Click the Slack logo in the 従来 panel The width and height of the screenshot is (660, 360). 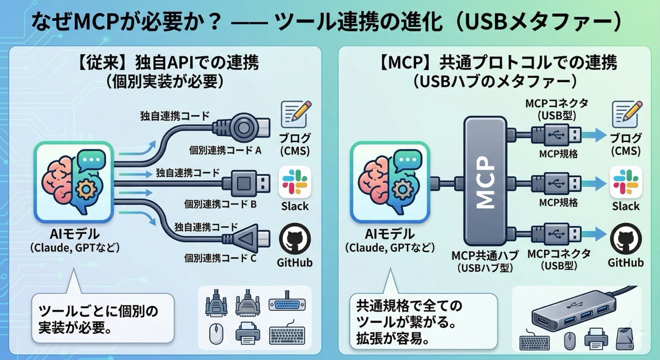pos(294,182)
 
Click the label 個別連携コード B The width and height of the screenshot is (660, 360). pos(223,204)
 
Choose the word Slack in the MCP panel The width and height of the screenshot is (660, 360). pos(625,206)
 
